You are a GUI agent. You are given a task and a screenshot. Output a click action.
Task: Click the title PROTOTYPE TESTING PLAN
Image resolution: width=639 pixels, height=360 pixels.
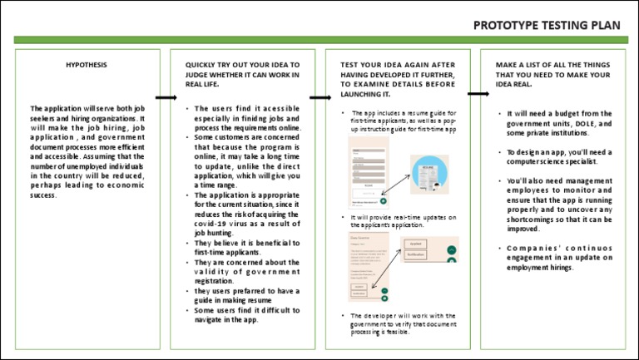tap(547, 24)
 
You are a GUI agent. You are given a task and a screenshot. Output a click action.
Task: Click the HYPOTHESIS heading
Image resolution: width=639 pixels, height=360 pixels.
tap(86, 64)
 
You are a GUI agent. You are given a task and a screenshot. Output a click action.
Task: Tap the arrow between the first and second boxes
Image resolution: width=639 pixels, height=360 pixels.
tap(166, 97)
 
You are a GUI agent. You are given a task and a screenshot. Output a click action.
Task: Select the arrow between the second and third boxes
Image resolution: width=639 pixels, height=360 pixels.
tap(320, 97)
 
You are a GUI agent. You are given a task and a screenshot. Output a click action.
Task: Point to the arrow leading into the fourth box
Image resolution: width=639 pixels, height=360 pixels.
tap(478, 93)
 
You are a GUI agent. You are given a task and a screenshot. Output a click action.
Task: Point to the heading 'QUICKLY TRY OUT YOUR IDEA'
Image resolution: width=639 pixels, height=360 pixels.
tap(242, 74)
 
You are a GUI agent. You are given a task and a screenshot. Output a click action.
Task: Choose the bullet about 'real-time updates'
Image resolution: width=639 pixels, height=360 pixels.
tap(404, 220)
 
